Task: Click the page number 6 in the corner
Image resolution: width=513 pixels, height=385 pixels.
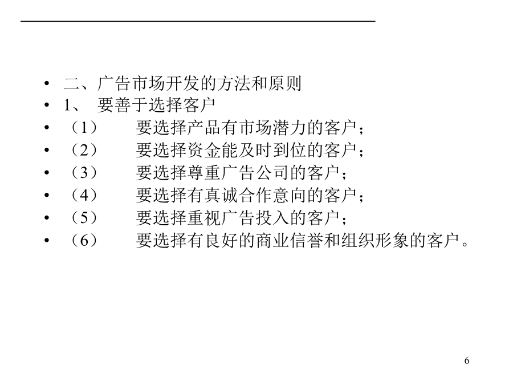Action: [466, 360]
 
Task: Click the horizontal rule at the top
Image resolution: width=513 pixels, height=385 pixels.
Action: [198, 21]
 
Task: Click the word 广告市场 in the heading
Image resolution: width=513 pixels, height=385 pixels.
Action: [131, 83]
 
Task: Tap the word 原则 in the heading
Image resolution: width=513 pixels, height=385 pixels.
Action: [284, 83]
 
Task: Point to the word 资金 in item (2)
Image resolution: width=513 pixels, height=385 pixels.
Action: [204, 150]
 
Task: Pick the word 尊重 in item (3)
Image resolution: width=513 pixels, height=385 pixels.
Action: [204, 172]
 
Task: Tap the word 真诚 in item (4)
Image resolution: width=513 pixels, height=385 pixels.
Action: [221, 195]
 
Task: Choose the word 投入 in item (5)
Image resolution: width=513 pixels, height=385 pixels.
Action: [272, 218]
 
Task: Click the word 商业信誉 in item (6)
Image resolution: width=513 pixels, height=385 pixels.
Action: [290, 240]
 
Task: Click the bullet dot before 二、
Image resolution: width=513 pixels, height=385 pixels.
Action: [47, 83]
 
